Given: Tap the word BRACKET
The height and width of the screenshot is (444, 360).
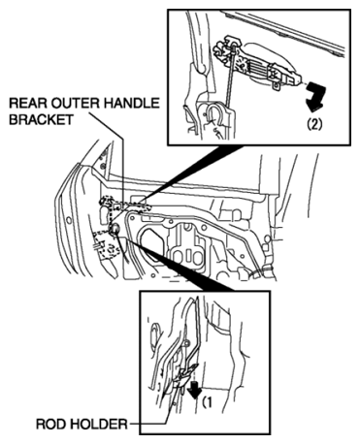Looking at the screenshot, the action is point(41,119).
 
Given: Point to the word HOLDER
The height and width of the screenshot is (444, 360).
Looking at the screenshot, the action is point(99,424).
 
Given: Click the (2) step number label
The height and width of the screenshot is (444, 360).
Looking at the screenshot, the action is point(314,124).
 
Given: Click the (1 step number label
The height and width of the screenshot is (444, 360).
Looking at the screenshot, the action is point(207,402).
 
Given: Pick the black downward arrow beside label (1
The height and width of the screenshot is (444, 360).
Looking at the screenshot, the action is point(194,390).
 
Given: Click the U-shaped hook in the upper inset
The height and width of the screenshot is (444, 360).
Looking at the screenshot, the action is point(215,114).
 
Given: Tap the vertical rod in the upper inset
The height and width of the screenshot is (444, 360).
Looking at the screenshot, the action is point(231,77).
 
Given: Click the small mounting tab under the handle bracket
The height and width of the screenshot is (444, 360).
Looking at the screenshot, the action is point(278,85).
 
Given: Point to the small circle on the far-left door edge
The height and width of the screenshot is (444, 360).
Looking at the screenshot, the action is point(69,221).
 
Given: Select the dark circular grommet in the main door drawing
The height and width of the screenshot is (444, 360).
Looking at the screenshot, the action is point(114,230).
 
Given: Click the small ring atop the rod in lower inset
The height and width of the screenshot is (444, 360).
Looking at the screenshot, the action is point(186,342).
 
